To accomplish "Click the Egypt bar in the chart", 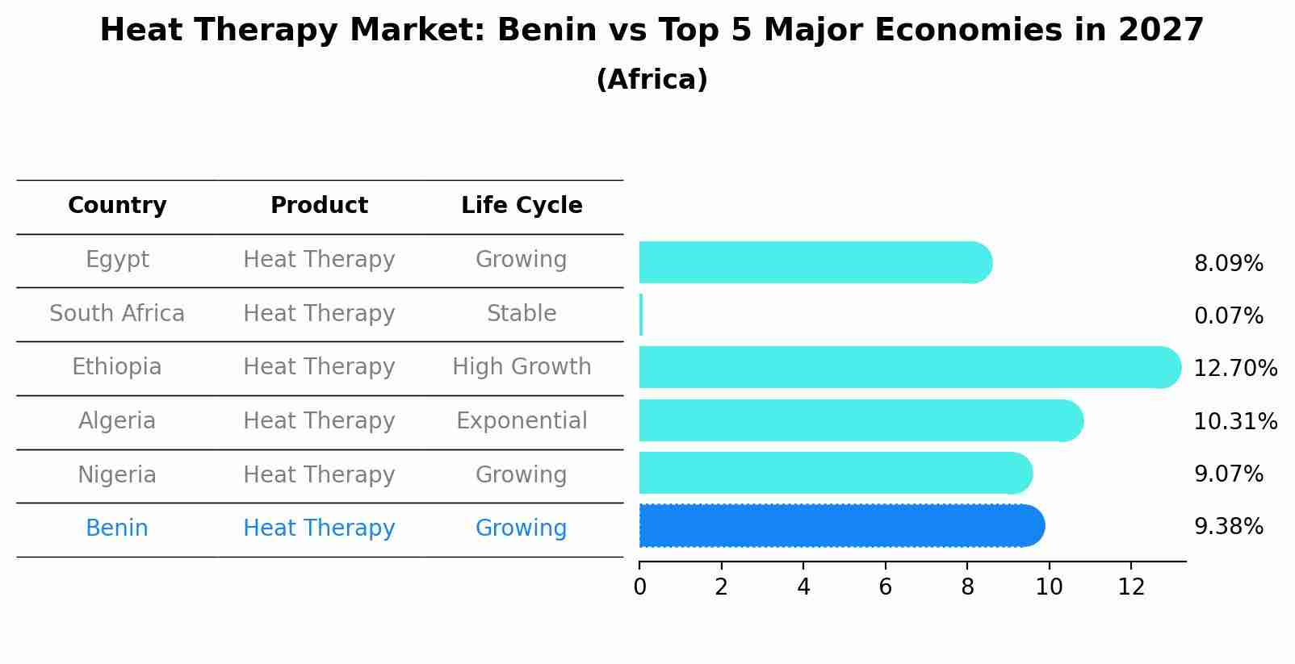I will click(814, 262).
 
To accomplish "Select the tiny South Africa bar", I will click(641, 315).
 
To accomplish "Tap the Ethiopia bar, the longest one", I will click(908, 367).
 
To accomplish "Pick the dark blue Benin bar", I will click(840, 526).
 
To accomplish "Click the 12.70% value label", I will click(1235, 369).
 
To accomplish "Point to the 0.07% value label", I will click(1228, 315).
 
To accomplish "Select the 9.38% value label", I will click(1228, 527).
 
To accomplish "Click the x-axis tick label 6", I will click(885, 587).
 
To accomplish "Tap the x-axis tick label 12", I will click(1131, 587).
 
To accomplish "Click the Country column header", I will click(117, 206).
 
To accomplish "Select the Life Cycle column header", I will click(522, 206).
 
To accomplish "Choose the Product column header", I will click(319, 206).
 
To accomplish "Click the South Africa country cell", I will click(117, 313).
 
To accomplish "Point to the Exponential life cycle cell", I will click(522, 421).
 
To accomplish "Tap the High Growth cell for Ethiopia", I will click(522, 367).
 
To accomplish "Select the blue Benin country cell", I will click(117, 528).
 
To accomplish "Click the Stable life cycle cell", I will click(522, 313).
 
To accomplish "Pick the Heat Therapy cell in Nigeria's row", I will click(319, 474).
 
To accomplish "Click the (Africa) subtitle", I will click(652, 80).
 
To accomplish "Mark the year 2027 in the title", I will click(1161, 31).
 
